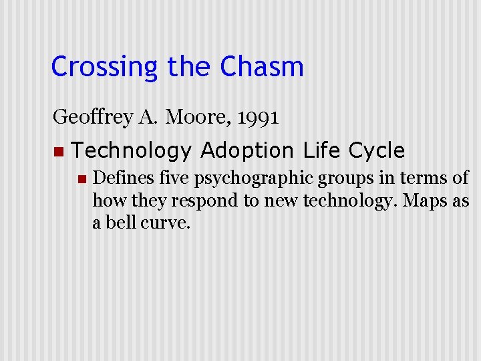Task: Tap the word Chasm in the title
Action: coord(262,67)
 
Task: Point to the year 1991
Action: coord(257,118)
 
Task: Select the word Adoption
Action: coord(247,151)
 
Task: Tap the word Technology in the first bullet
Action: coord(131,151)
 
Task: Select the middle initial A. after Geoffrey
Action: coord(147,118)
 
